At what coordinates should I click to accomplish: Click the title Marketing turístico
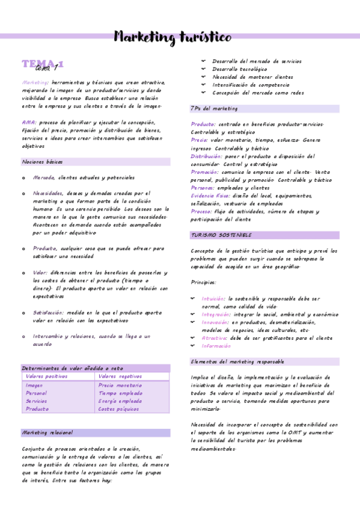coord(172,38)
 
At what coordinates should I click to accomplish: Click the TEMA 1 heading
coord(43,66)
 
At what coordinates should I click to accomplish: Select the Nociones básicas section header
coord(42,162)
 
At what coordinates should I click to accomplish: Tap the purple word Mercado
coord(44,178)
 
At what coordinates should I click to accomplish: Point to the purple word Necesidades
coord(48,194)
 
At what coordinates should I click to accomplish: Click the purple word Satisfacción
coord(48,313)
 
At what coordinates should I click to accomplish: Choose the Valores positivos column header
coord(47,376)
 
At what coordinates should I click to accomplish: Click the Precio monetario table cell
coord(120,386)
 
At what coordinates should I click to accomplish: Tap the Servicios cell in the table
coord(36,401)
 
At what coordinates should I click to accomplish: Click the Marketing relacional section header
coord(47,432)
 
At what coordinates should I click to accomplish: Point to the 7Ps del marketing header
coord(214,109)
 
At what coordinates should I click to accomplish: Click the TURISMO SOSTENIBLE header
coord(221,235)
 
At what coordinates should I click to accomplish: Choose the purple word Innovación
coord(215,322)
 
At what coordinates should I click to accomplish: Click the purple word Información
coord(216,346)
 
